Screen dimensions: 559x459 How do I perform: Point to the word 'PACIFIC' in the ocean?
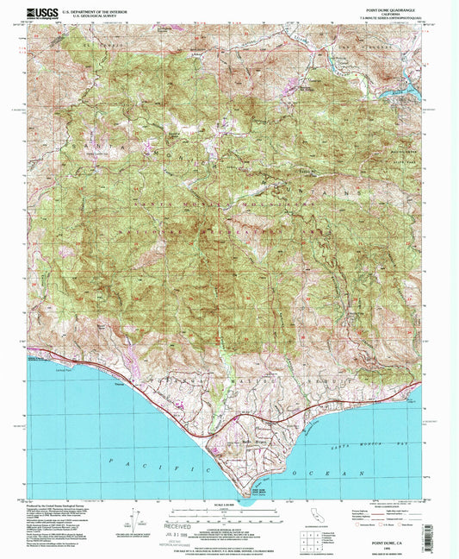tap(129, 464)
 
